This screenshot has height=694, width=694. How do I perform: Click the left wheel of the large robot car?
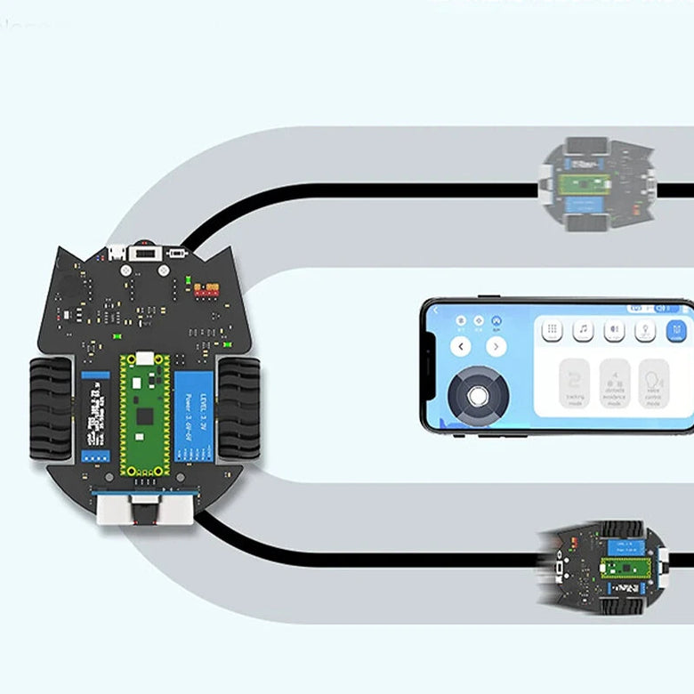tap(51, 408)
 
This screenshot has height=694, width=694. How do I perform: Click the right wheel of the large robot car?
tap(238, 407)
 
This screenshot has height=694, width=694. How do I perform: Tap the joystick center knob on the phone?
tap(479, 392)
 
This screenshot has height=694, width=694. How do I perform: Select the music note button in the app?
tap(583, 330)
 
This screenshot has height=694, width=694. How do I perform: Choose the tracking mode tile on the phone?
tap(576, 383)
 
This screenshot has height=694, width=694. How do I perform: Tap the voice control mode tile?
tap(654, 383)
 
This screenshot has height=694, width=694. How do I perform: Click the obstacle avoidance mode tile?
tap(615, 383)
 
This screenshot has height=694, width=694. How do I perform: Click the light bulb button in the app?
tap(645, 330)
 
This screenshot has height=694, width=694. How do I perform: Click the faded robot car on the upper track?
tap(598, 184)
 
